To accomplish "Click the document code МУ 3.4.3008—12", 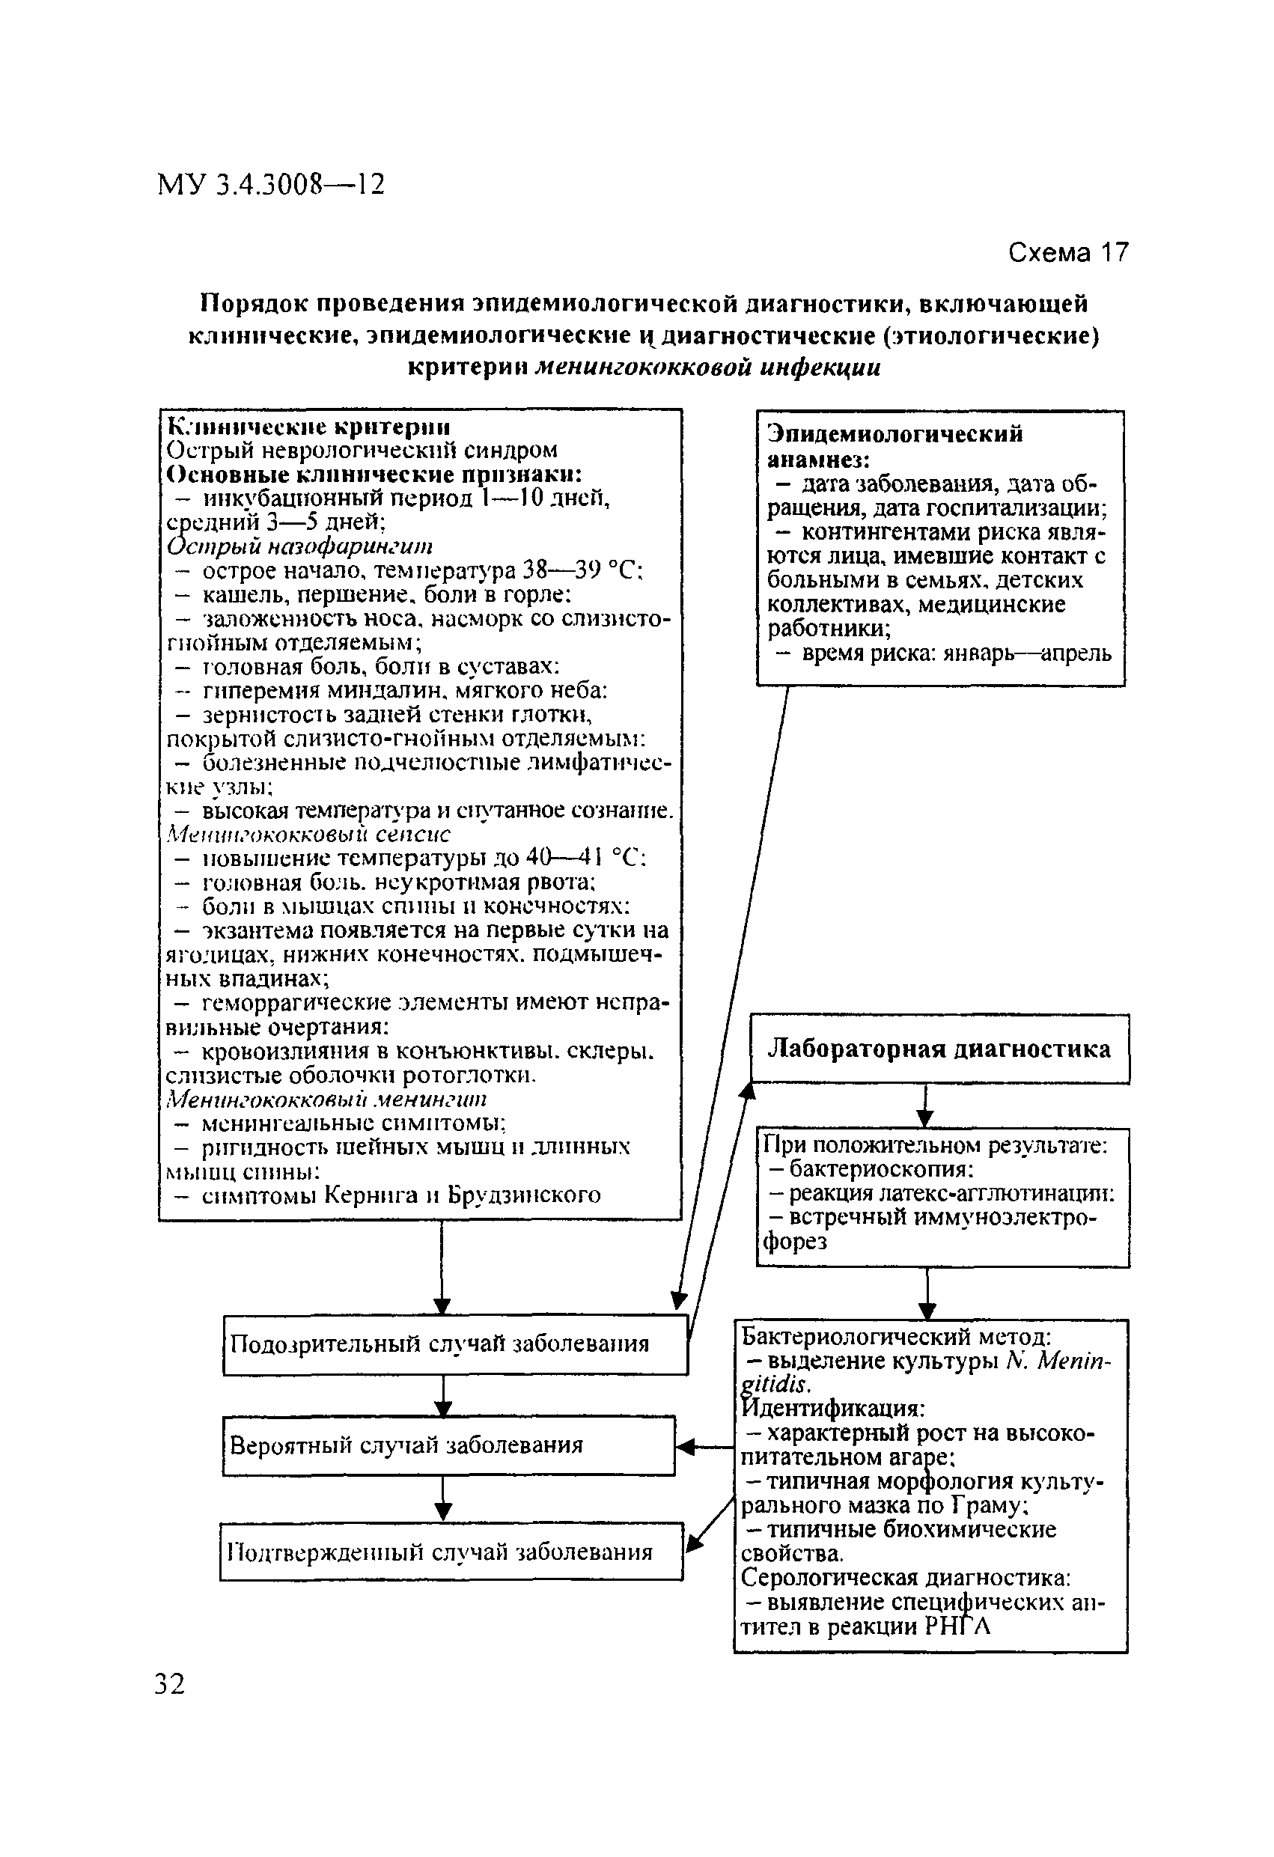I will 271,186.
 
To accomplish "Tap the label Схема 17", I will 1068,252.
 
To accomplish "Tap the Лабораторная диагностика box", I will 939,1049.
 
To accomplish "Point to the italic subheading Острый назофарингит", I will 300,546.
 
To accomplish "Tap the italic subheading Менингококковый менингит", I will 326,1099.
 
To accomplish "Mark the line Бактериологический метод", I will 896,1336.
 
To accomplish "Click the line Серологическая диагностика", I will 906,1577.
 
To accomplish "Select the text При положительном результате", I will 935,1146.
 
